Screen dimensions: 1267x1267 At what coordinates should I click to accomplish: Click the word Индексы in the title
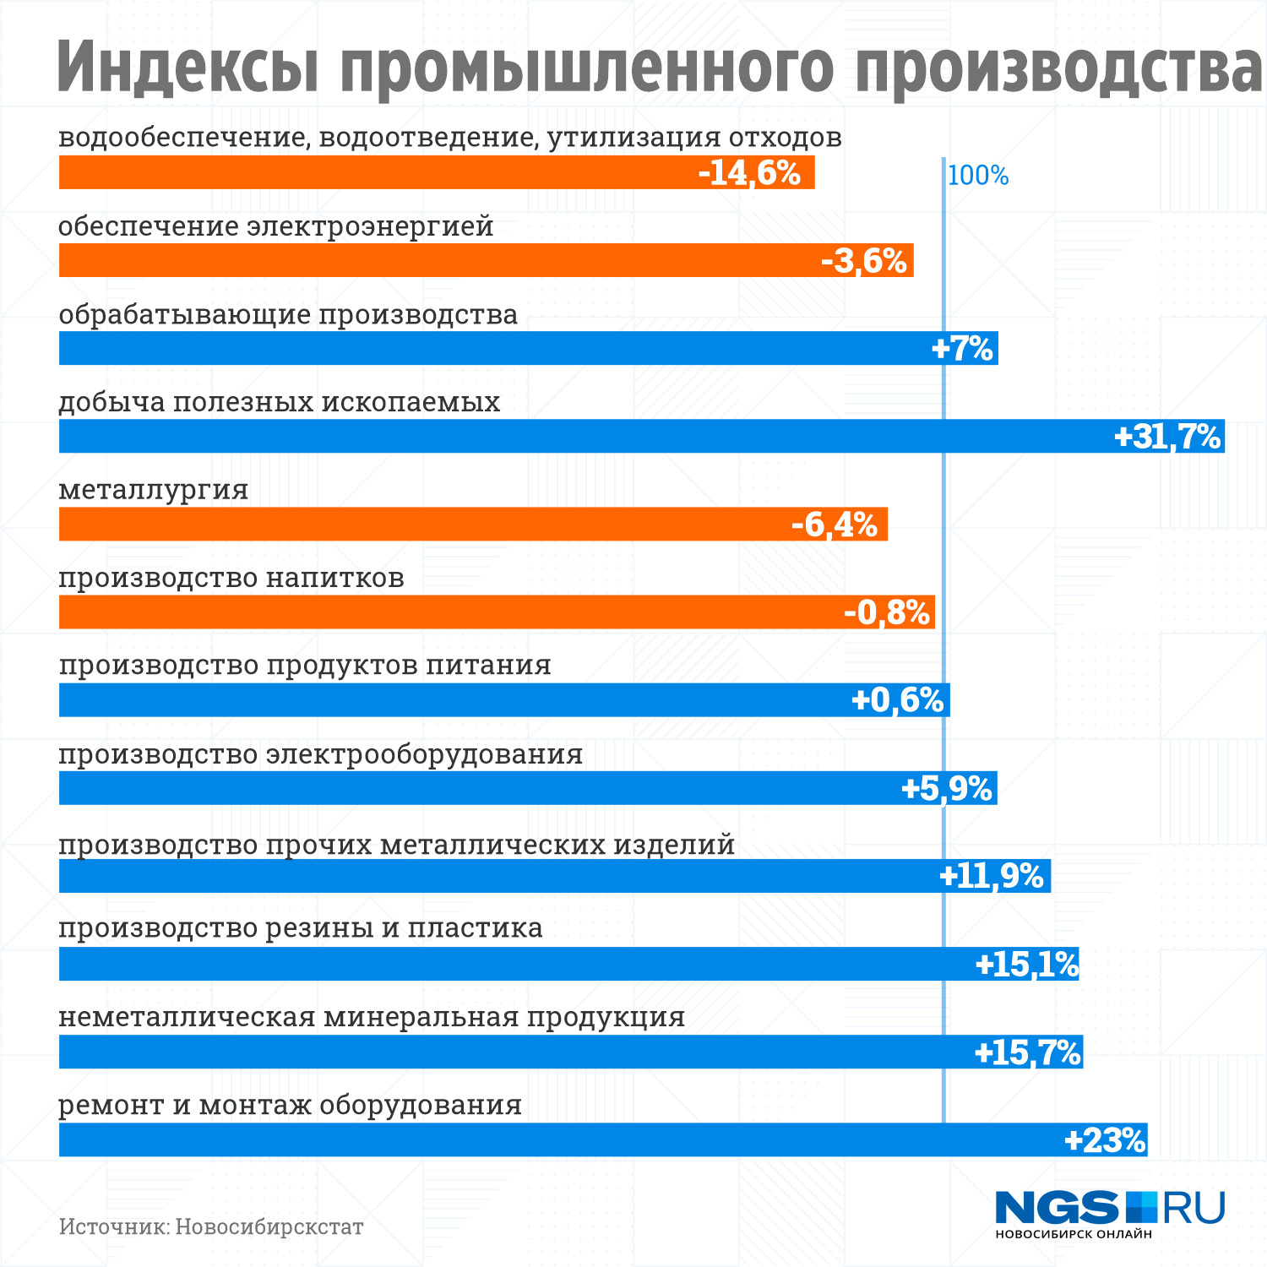point(188,68)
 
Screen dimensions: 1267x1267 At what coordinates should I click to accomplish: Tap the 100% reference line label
point(978,176)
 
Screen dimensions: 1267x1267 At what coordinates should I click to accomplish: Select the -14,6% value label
point(749,173)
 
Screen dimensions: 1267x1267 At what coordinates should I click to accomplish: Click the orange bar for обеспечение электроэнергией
point(422,261)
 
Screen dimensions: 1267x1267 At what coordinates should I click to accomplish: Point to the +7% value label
point(962,349)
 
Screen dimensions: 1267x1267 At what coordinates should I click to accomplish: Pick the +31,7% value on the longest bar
point(1167,437)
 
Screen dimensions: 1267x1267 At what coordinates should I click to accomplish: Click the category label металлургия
point(154,490)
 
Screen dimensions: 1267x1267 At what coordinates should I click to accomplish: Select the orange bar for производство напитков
point(422,612)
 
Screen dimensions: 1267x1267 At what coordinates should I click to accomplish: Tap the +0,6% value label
point(897,700)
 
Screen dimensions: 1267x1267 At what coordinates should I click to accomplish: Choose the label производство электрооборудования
point(321,754)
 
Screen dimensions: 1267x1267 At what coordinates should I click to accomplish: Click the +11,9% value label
point(992,876)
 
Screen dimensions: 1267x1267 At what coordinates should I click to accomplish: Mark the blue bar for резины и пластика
point(507,964)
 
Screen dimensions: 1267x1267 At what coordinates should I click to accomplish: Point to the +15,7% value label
point(1027,1052)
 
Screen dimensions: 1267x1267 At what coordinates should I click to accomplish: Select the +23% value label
point(1105,1140)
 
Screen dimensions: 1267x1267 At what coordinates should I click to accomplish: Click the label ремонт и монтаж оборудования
point(291,1106)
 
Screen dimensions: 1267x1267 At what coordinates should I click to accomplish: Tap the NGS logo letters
point(1057,1208)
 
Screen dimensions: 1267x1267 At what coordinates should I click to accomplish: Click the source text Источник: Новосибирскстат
point(211,1226)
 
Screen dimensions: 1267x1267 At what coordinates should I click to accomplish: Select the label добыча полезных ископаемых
point(280,402)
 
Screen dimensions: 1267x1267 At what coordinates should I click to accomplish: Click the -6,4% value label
point(834,525)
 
